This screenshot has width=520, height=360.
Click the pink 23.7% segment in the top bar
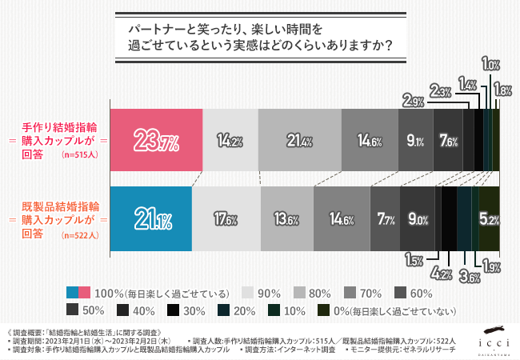click(x=154, y=138)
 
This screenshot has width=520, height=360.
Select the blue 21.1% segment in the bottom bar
click(x=150, y=216)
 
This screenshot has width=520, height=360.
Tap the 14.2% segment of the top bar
click(x=230, y=138)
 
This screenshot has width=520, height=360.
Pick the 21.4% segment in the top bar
click(x=299, y=138)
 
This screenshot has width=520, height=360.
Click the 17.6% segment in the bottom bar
click(x=227, y=216)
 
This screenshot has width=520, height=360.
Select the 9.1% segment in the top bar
click(x=415, y=138)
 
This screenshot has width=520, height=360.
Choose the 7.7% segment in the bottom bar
click(x=385, y=216)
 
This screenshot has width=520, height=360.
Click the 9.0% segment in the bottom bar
click(x=417, y=216)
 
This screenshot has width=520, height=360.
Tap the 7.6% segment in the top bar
click(x=448, y=138)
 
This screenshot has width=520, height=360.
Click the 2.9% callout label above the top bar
click(x=414, y=101)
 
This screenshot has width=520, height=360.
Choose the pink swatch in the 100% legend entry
click(x=74, y=292)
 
